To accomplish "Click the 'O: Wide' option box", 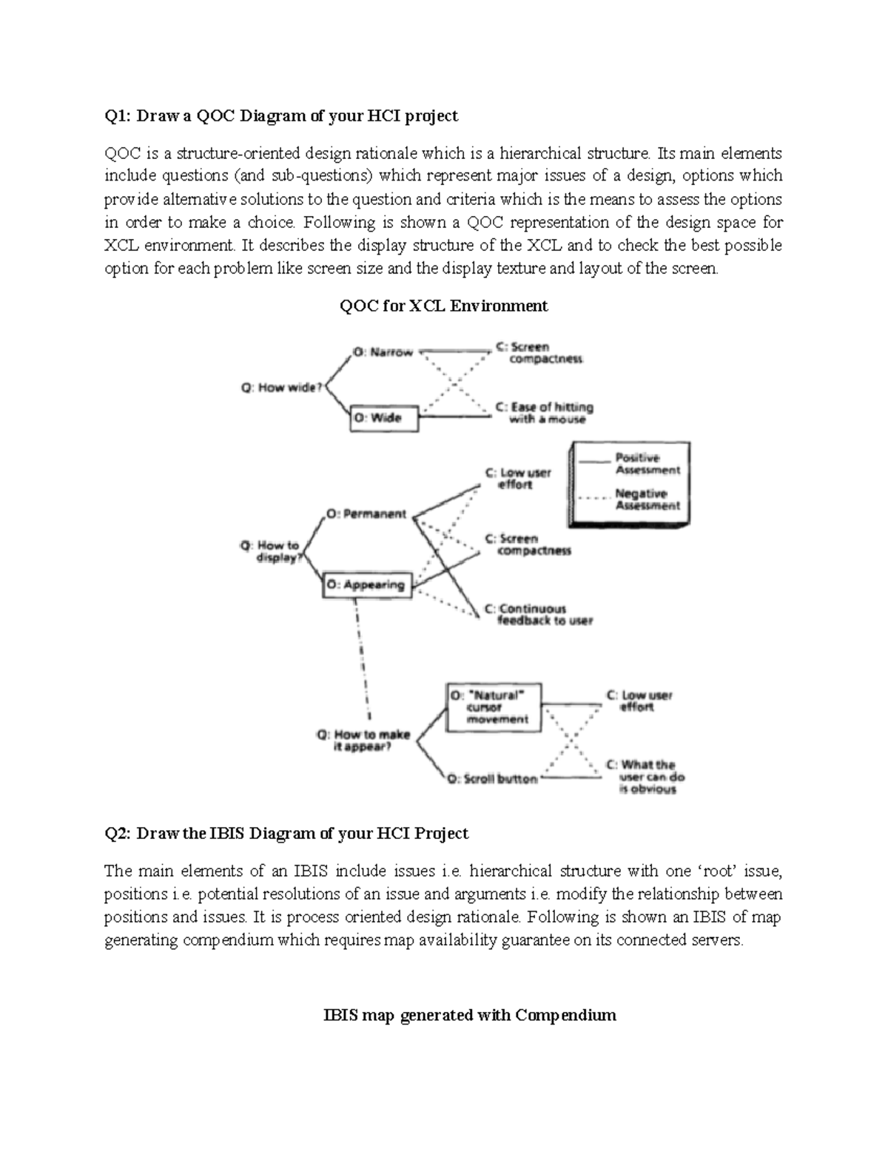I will pyautogui.click(x=384, y=418).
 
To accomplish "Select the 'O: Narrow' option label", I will pyautogui.click(x=383, y=353).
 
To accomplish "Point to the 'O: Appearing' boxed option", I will pyautogui.click(x=366, y=585).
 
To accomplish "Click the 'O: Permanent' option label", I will pyautogui.click(x=366, y=514).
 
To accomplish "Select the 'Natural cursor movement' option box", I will pyautogui.click(x=493, y=707).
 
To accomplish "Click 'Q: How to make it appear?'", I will pyautogui.click(x=363, y=741).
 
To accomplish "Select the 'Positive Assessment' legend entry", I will pyautogui.click(x=647, y=464).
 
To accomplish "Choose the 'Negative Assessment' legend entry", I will pyautogui.click(x=647, y=499).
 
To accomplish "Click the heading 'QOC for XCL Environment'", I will pyautogui.click(x=443, y=306).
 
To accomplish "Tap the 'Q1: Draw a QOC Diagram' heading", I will pyautogui.click(x=281, y=115).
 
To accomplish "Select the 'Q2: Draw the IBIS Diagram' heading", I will pyautogui.click(x=286, y=834).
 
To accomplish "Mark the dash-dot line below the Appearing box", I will pyautogui.click(x=363, y=658).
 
